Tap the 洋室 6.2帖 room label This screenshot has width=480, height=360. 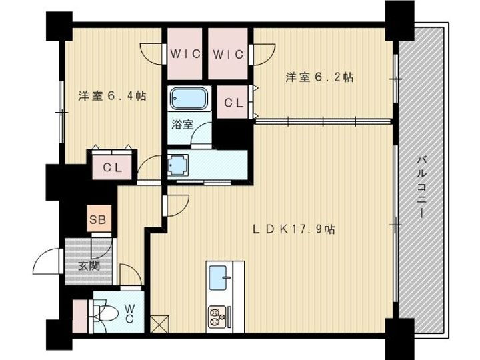[x=319, y=77]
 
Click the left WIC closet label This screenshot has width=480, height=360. [x=185, y=53]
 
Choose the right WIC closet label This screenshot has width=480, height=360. [x=229, y=53]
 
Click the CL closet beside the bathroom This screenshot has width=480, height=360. [x=232, y=103]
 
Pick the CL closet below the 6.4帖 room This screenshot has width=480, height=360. [x=112, y=168]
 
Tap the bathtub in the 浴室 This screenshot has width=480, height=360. [x=189, y=99]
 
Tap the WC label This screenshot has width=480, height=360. [x=130, y=313]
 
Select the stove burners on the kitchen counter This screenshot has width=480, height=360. [x=217, y=315]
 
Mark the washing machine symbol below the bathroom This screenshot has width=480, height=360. [x=177, y=165]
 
